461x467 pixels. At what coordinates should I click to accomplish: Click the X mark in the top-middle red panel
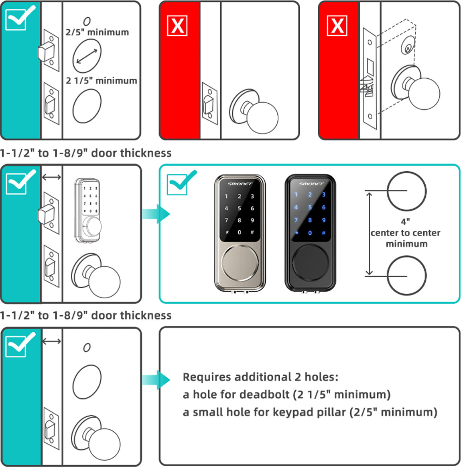point(177,26)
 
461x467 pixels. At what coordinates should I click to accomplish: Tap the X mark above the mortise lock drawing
point(337,26)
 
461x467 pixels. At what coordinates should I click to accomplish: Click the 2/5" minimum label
point(97,32)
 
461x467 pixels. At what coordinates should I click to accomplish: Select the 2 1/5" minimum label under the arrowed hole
point(102,80)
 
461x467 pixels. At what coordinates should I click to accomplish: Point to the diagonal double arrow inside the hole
point(87,56)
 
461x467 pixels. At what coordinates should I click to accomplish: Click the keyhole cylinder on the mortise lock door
point(408,49)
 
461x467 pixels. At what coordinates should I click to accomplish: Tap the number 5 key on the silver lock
point(239,208)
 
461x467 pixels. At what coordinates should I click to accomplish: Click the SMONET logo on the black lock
point(311,184)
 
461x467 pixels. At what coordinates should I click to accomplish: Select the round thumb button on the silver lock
point(240,263)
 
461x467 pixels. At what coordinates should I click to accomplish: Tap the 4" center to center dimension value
point(405,221)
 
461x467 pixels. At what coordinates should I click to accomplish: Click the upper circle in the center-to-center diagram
point(406,191)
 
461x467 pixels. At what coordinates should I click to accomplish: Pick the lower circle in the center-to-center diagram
point(406,276)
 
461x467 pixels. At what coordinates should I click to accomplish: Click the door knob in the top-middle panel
point(262,118)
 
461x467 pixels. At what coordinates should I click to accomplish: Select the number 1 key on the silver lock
point(226,197)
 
